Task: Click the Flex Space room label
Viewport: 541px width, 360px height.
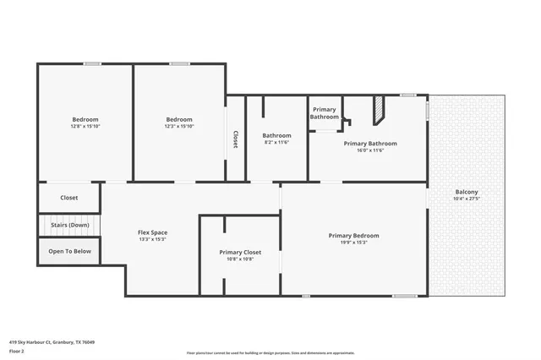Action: coord(152,232)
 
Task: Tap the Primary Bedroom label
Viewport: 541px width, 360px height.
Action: coord(353,236)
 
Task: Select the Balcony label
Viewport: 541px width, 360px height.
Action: coord(466,192)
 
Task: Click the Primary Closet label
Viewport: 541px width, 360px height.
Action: coord(240,252)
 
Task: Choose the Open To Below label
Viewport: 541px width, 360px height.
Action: coord(69,251)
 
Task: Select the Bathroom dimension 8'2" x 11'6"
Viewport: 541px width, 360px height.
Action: coord(276,142)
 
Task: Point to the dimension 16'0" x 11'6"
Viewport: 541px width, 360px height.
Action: coord(370,150)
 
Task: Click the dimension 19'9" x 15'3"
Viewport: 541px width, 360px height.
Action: coord(353,243)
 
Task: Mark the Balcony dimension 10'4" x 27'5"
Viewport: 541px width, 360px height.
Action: coord(466,199)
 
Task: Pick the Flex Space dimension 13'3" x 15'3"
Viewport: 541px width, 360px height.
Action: coord(152,239)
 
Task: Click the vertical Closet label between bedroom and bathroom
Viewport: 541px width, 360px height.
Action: coord(236,139)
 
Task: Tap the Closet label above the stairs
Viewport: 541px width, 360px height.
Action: coord(69,198)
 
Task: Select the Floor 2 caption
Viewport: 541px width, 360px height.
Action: coord(17,351)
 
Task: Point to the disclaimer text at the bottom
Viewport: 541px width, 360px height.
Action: coord(270,353)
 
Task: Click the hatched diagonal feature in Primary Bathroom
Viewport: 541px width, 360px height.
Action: coord(380,108)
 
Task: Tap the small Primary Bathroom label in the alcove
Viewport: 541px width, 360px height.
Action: coord(325,113)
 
